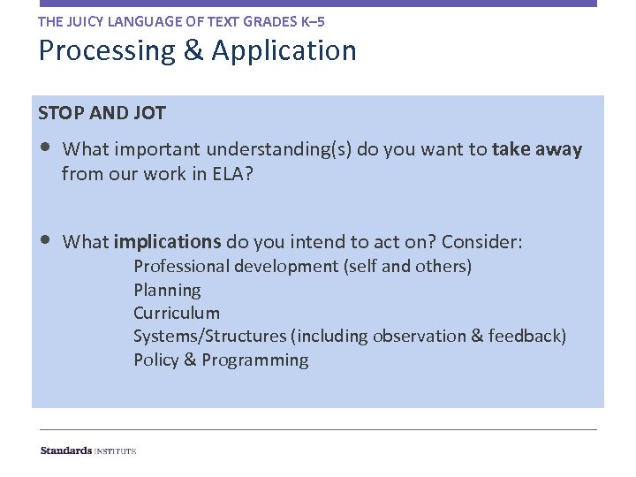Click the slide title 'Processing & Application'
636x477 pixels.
click(x=197, y=51)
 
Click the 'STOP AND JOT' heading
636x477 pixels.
click(x=102, y=113)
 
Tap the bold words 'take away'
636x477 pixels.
click(x=537, y=149)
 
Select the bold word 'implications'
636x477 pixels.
click(x=167, y=242)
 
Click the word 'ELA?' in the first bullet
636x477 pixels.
click(x=232, y=174)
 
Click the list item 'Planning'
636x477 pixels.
click(x=167, y=290)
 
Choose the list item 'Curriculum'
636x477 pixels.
click(x=177, y=313)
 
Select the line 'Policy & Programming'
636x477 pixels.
click(x=221, y=360)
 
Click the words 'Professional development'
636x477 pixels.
click(x=236, y=266)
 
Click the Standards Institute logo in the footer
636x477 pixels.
click(x=88, y=450)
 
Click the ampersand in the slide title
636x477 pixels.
click(x=193, y=51)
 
